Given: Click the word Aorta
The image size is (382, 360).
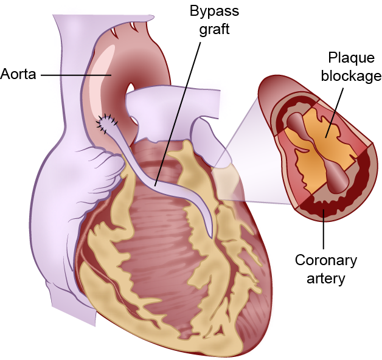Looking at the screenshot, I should [x=19, y=75].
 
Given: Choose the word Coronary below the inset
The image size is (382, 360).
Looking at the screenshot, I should [x=325, y=261].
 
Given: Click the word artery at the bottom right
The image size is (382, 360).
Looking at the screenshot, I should [x=325, y=279].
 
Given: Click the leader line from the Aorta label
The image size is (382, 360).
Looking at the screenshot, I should [x=73, y=75].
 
